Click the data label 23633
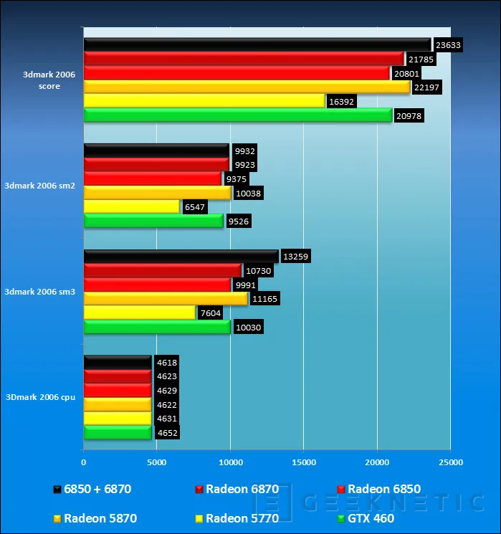pyautogui.click(x=448, y=45)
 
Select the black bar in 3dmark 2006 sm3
pyautogui.click(x=181, y=257)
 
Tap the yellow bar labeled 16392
pyautogui.click(x=204, y=101)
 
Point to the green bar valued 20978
pyautogui.click(x=238, y=115)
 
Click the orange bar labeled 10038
pyautogui.click(x=158, y=193)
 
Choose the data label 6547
pyautogui.click(x=194, y=207)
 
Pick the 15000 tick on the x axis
pyautogui.click(x=304, y=462)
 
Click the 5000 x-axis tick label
pyautogui.click(x=157, y=462)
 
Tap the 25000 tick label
pyautogui.click(x=451, y=462)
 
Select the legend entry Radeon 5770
pyautogui.click(x=237, y=518)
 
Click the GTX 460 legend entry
pyautogui.click(x=366, y=518)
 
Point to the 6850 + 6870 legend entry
pyautogui.click(x=92, y=489)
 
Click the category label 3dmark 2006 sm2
pyautogui.click(x=39, y=186)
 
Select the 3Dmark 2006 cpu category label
pyautogui.click(x=41, y=397)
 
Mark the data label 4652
pyautogui.click(x=167, y=433)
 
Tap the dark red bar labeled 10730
pyautogui.click(x=163, y=270)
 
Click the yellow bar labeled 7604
pyautogui.click(x=140, y=313)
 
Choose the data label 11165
pyautogui.click(x=264, y=299)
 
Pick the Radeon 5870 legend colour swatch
pyautogui.click(x=57, y=519)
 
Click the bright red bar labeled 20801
pyautogui.click(x=237, y=73)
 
